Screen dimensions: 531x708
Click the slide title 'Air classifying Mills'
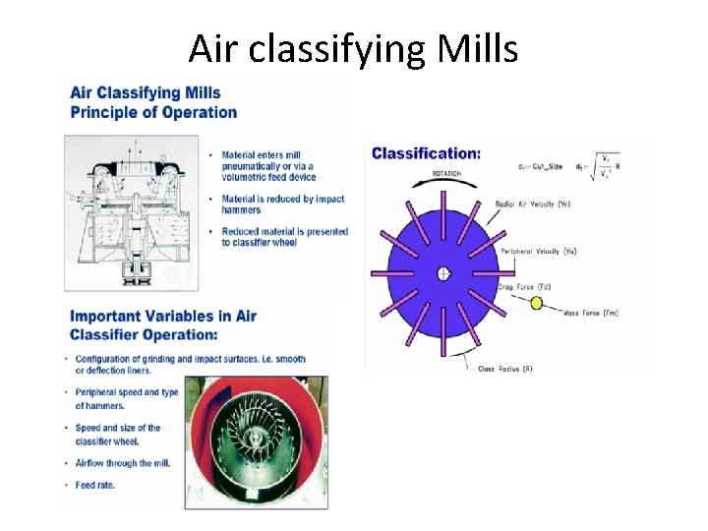coord(353,47)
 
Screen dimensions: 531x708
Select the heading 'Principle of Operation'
coord(153,111)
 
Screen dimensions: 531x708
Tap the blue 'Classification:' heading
coord(426,153)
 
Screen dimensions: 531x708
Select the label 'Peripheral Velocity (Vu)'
coord(539,252)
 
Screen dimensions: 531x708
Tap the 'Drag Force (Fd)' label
coord(524,286)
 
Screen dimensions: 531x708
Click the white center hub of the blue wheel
coord(443,272)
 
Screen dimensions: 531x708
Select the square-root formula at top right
coord(603,168)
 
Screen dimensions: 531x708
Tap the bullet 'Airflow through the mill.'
coord(127,463)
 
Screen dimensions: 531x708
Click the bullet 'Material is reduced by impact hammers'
coord(282,204)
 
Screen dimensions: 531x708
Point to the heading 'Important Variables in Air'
coord(162,316)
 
